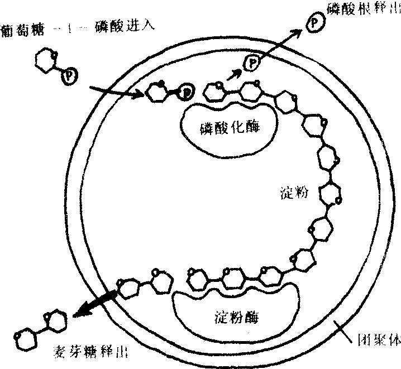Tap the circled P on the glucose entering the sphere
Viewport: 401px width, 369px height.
[x=187, y=91]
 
